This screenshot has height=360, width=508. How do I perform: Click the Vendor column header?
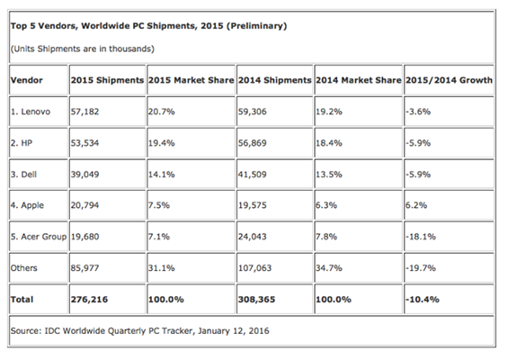27,80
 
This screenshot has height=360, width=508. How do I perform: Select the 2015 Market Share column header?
192,80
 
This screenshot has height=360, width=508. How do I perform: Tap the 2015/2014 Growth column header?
449,80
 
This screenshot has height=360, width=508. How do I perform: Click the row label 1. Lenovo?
31,112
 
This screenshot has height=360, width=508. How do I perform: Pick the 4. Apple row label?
27,205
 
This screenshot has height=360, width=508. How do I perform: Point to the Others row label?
24,268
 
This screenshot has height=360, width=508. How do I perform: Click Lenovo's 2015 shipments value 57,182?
85,112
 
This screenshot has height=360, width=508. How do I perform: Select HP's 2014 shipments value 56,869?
253,143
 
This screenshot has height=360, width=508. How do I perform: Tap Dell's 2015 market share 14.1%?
161,175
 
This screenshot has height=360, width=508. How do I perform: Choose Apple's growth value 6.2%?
416,205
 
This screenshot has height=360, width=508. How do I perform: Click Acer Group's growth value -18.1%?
421,237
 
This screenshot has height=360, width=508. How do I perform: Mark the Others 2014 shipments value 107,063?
255,268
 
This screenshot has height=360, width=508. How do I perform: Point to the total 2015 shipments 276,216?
89,300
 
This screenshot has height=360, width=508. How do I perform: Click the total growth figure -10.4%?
423,300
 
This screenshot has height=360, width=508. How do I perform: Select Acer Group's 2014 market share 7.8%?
326,237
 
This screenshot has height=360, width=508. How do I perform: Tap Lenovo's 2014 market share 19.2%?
329,112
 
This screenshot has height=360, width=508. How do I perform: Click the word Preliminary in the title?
256,26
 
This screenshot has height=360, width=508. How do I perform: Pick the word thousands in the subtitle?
131,49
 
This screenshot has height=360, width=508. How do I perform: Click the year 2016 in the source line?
259,331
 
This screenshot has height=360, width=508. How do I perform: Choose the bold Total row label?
22,300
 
